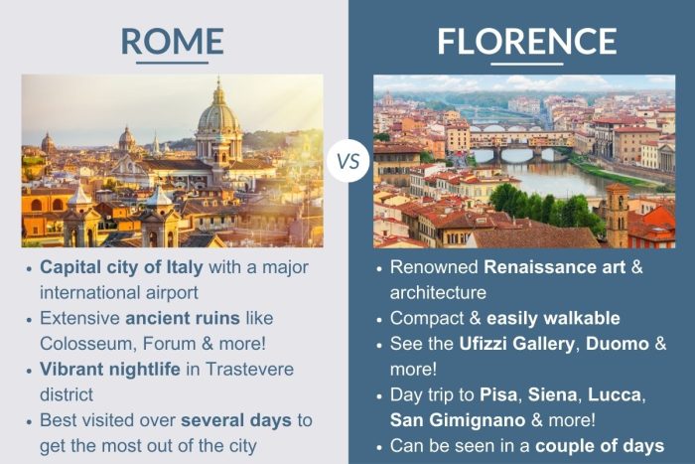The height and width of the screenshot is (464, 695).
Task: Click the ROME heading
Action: [x=172, y=41]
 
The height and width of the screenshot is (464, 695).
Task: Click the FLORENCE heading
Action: [x=526, y=41]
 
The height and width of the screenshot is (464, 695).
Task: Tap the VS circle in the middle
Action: [x=347, y=160]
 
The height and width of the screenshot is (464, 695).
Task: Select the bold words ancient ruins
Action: [x=179, y=319]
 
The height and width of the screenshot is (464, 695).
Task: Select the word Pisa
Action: [x=503, y=394]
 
